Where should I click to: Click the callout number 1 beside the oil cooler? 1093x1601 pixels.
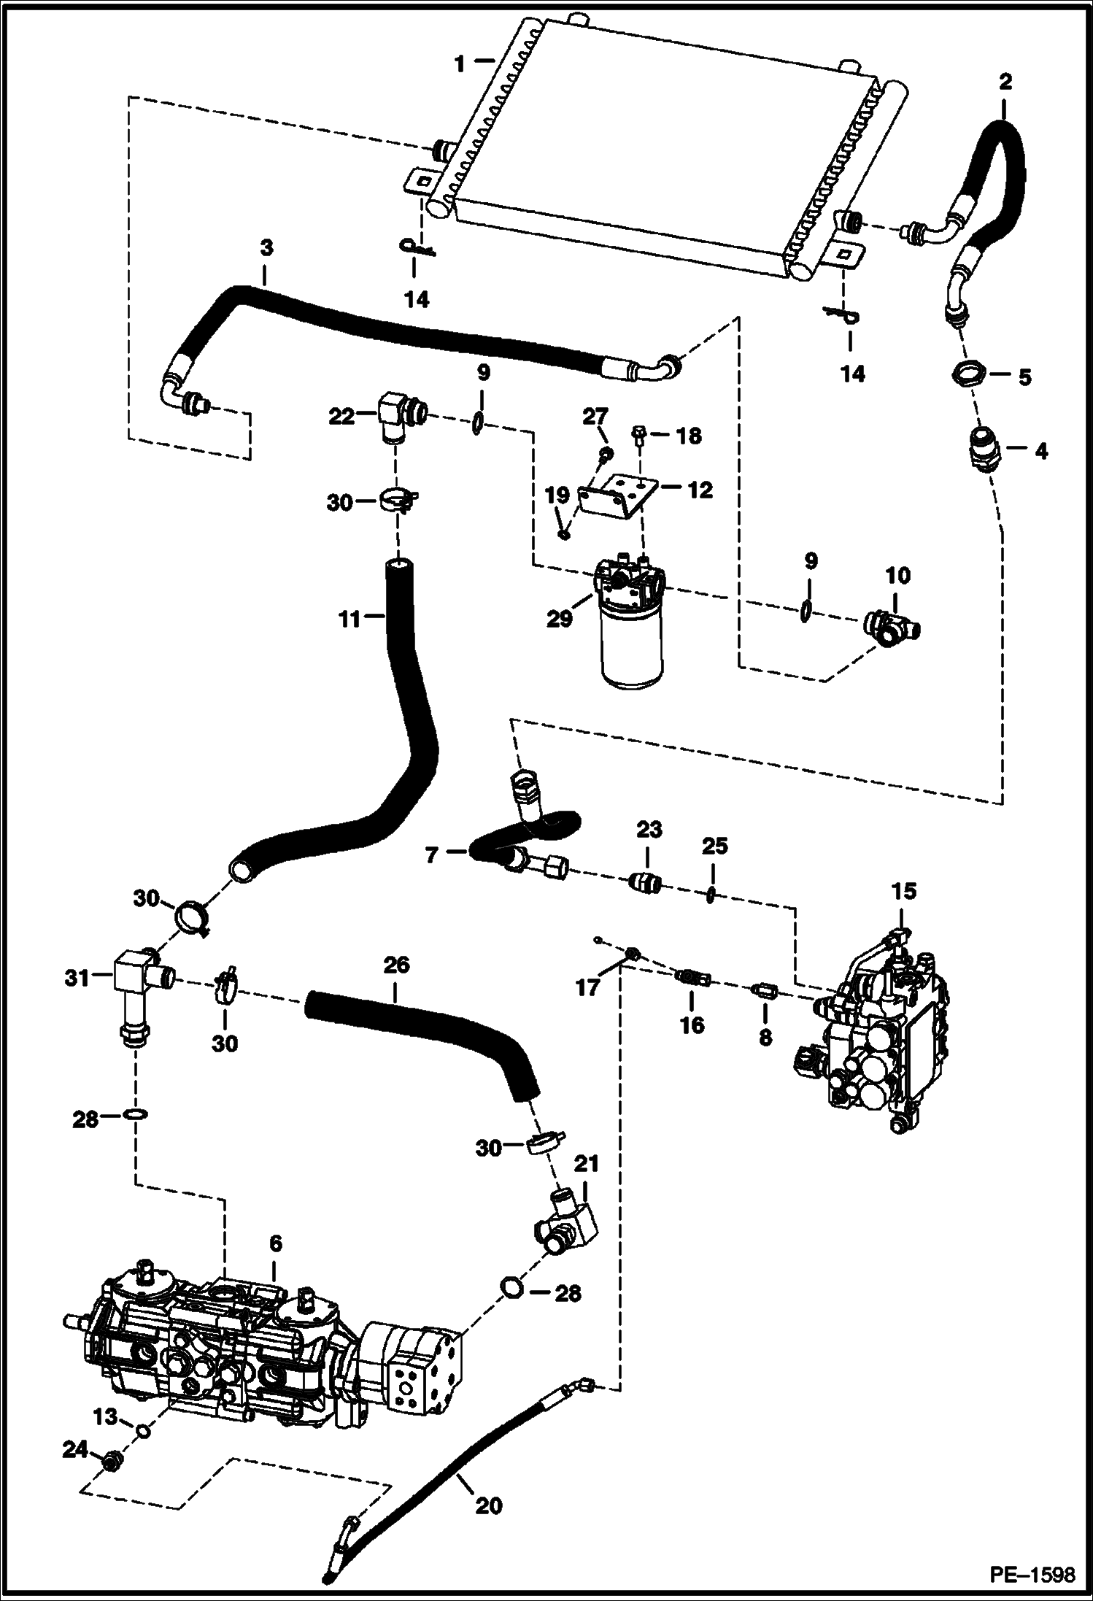[x=459, y=63]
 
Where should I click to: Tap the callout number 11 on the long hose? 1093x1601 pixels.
[x=350, y=619]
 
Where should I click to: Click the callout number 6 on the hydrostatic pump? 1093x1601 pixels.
[x=275, y=1243]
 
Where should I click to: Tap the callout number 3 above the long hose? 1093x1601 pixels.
[x=266, y=248]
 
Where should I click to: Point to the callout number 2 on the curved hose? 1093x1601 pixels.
[x=1005, y=82]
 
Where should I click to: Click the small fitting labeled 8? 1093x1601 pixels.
[x=765, y=991]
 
